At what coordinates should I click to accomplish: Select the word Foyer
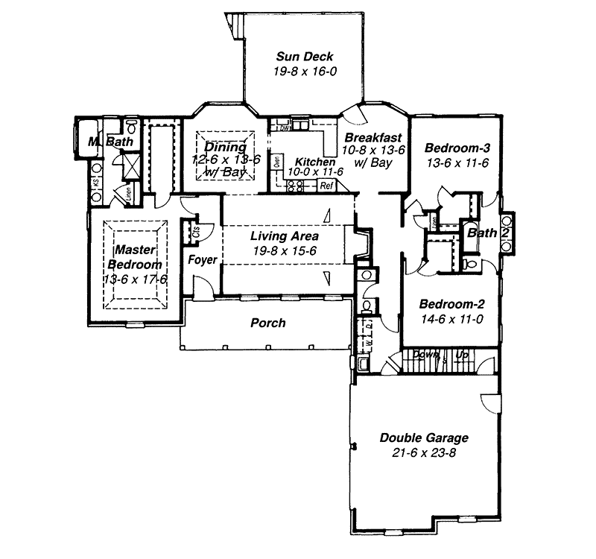coord(202,260)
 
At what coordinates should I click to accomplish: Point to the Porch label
coord(267,323)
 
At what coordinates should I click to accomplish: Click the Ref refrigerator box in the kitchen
coord(326,186)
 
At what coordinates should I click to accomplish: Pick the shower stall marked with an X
coord(133,164)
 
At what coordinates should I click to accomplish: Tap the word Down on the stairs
coord(424,356)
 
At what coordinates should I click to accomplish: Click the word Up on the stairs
coord(462,356)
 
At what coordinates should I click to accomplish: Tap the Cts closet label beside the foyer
coord(196,231)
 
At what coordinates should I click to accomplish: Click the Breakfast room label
coord(373,138)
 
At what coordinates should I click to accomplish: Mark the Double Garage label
coord(424,438)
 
